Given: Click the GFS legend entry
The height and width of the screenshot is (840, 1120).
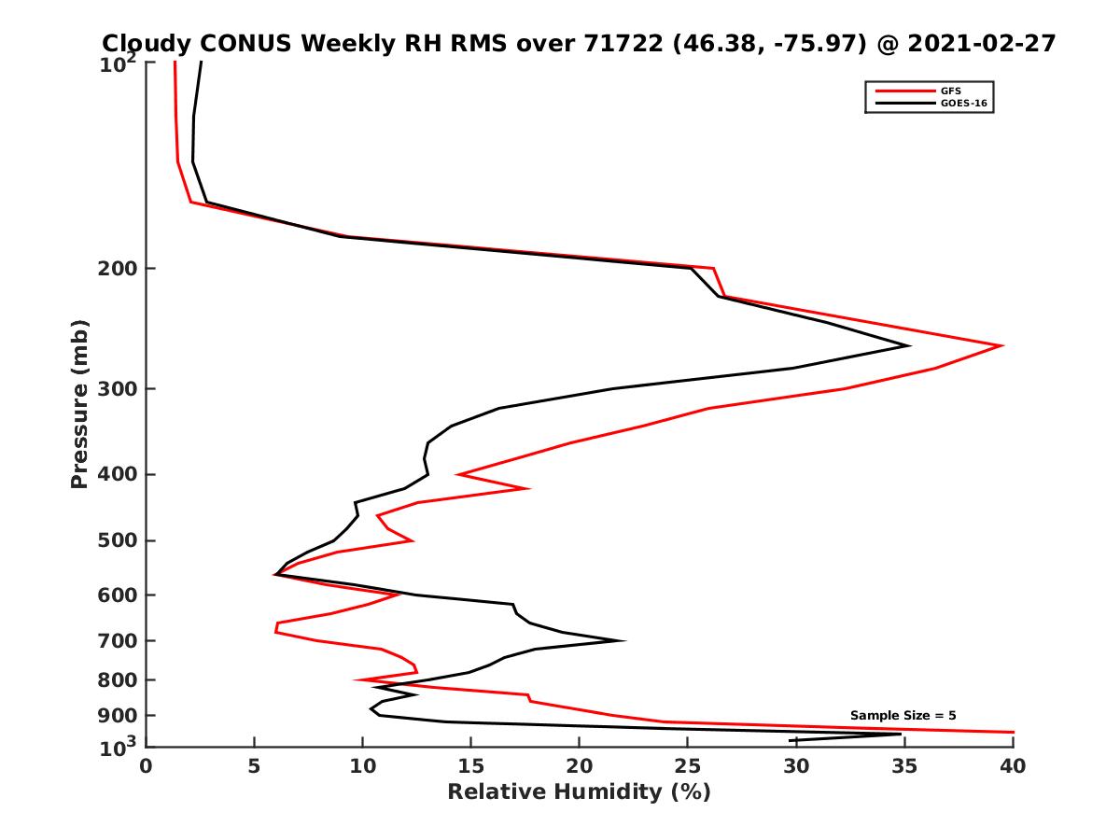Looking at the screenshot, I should [x=951, y=91].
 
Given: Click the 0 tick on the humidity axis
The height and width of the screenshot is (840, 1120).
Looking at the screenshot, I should [x=147, y=766].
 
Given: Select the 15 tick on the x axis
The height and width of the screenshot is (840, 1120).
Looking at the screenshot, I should [x=470, y=766].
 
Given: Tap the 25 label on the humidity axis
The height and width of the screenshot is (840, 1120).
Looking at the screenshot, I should [x=687, y=766].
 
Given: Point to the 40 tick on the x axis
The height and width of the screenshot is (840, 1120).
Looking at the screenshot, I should [x=1012, y=766].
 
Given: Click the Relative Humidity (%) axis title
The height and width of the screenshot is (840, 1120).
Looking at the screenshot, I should [x=579, y=792].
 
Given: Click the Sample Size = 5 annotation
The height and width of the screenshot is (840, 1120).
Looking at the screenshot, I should [x=903, y=716].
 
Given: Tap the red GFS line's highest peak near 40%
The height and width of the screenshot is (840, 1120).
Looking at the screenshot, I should [x=1001, y=346].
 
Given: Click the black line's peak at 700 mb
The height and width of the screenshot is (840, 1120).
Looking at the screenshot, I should [x=623, y=640].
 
